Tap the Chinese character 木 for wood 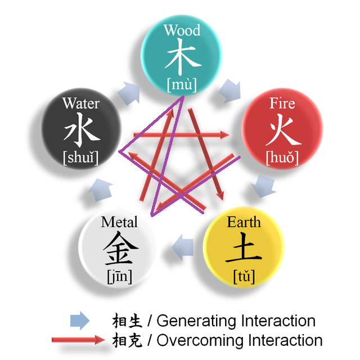(x=182, y=57)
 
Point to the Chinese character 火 (x=282, y=130)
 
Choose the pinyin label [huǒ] (x=282, y=157)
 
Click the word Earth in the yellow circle (x=244, y=222)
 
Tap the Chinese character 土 (x=244, y=249)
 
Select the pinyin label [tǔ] (x=244, y=276)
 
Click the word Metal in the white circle (x=119, y=222)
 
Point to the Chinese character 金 (x=119, y=249)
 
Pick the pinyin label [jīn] (x=119, y=276)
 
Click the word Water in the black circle (x=81, y=103)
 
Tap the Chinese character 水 (x=82, y=130)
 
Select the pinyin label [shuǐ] (x=82, y=157)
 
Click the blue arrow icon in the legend (x=79, y=321)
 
